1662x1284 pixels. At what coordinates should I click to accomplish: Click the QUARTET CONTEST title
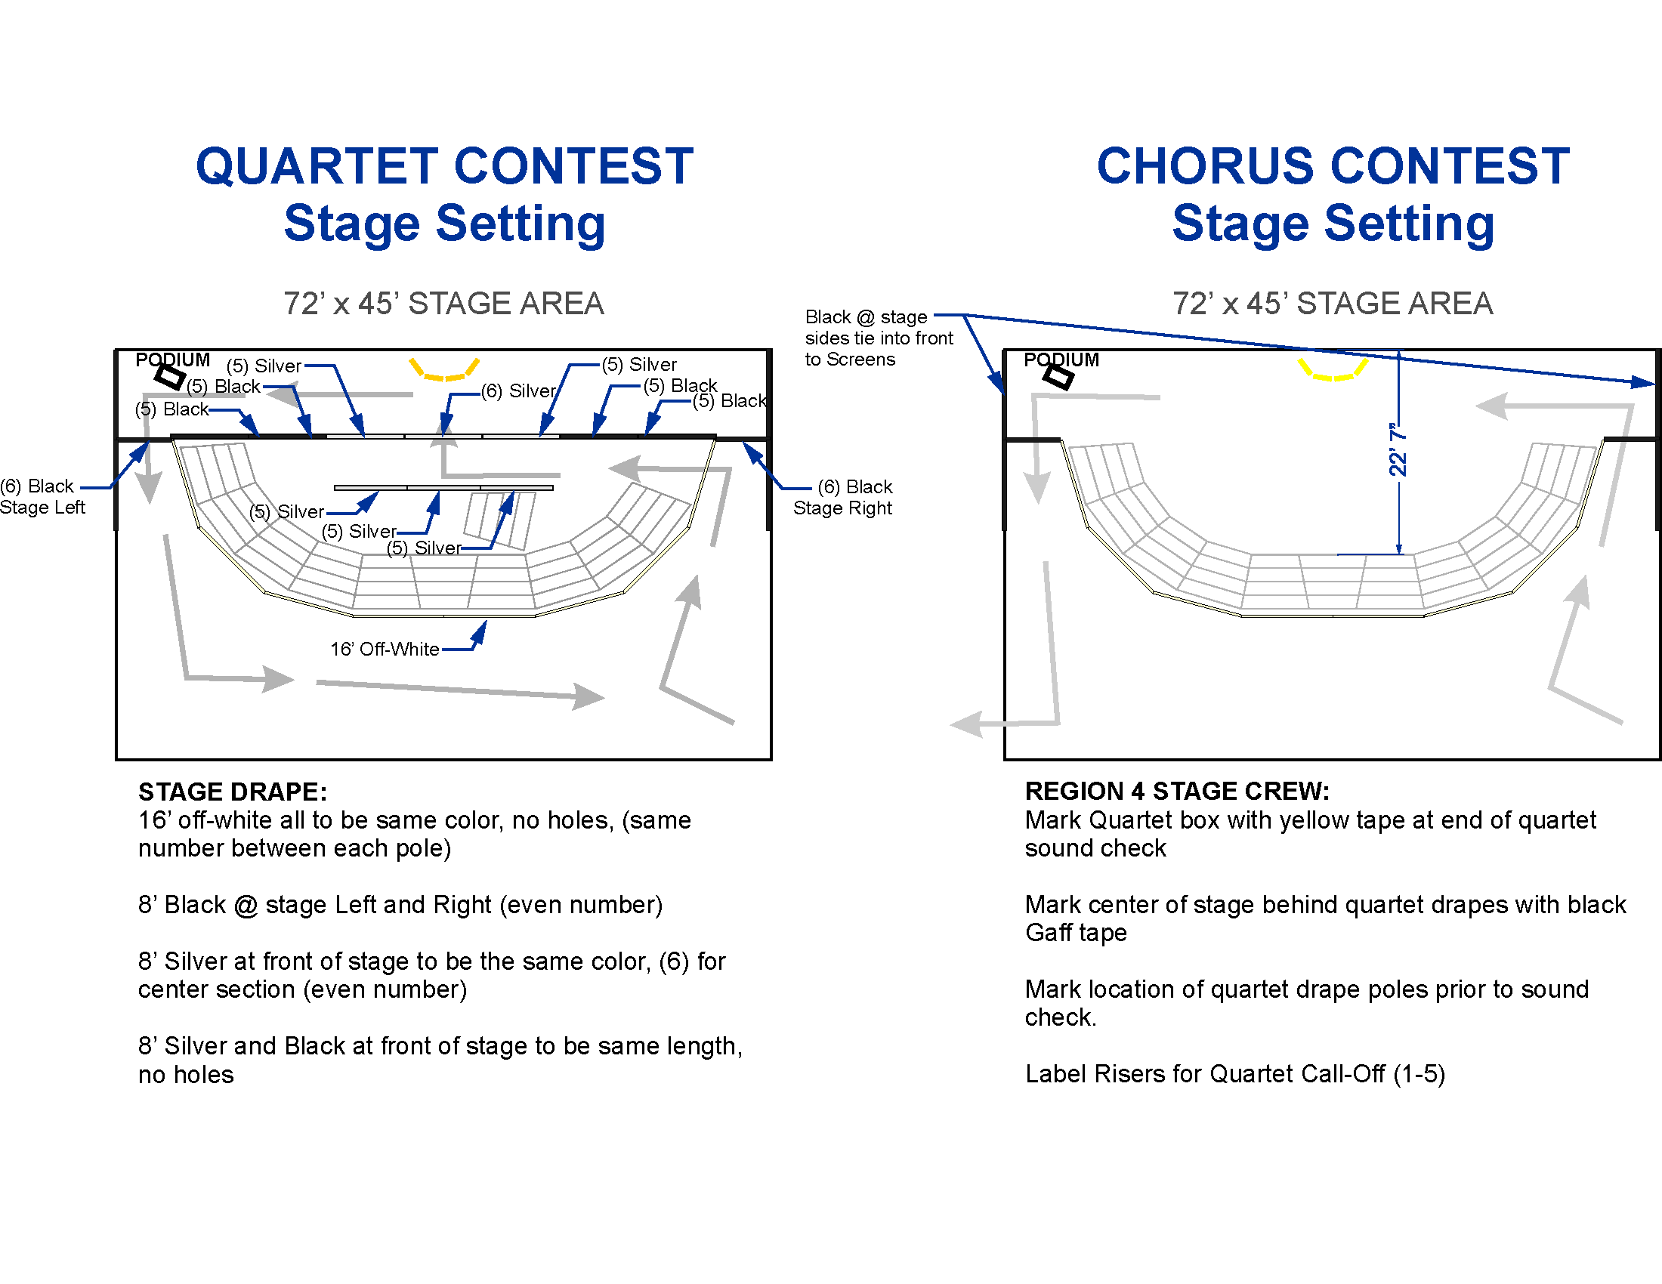pyautogui.click(x=444, y=166)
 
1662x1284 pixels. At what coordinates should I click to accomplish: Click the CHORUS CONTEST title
pyautogui.click(x=1333, y=166)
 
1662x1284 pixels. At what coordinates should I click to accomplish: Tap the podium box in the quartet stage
pyautogui.click(x=170, y=376)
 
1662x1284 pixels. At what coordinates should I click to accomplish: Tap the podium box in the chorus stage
pyautogui.click(x=1058, y=376)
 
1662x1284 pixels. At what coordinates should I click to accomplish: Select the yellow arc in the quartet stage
pyautogui.click(x=444, y=372)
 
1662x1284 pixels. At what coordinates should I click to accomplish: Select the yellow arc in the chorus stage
pyautogui.click(x=1333, y=372)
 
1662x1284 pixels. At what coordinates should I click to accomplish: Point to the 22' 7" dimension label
pyautogui.click(x=1398, y=450)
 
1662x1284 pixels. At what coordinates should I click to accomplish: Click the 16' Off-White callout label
pyautogui.click(x=385, y=649)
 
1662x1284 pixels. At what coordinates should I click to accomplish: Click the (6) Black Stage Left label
pyautogui.click(x=41, y=496)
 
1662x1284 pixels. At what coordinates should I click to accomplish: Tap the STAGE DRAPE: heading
pyautogui.click(x=232, y=792)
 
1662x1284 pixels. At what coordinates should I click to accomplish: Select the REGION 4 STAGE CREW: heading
pyautogui.click(x=1176, y=791)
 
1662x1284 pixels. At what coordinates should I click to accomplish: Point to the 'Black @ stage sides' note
pyautogui.click(x=878, y=338)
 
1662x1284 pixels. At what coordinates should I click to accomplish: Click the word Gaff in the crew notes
pyautogui.click(x=1049, y=933)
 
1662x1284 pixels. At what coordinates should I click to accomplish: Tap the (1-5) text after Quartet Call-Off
pyautogui.click(x=1419, y=1073)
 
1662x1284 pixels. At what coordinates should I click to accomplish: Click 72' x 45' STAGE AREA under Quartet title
pyautogui.click(x=443, y=304)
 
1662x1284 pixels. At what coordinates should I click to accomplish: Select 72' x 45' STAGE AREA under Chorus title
pyautogui.click(x=1333, y=304)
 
